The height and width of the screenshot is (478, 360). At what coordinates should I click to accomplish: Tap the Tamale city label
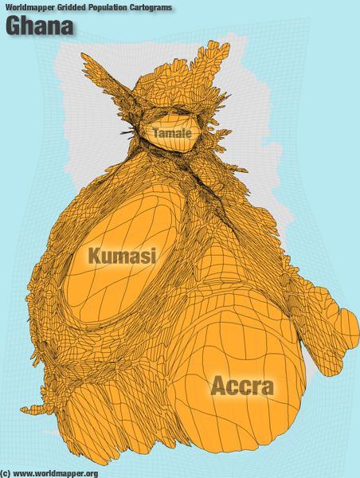click(171, 132)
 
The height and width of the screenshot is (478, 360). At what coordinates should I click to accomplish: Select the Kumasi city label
click(122, 255)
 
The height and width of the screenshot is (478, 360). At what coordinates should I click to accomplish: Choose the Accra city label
click(242, 387)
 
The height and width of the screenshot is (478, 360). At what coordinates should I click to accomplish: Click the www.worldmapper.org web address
click(56, 473)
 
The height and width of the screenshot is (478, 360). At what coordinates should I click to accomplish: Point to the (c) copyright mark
click(6, 473)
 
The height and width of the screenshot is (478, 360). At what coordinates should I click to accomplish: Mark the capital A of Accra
click(218, 387)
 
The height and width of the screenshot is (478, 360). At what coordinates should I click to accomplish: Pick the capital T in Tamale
click(155, 132)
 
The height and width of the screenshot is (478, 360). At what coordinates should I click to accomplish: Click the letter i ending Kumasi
click(153, 255)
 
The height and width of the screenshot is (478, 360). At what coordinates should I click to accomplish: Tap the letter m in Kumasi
click(123, 257)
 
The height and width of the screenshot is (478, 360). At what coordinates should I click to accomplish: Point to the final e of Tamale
click(188, 133)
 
